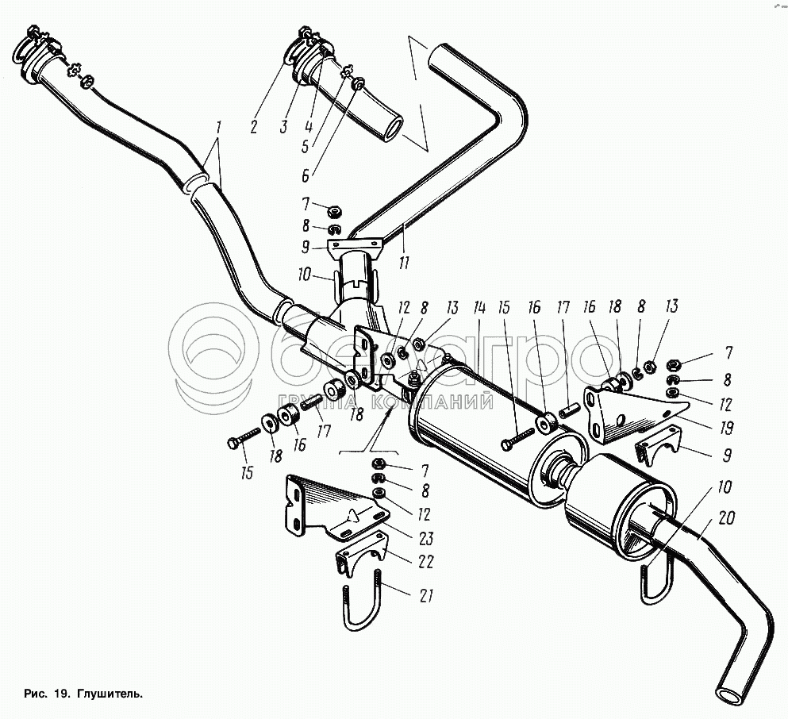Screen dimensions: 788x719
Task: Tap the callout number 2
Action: (x=253, y=125)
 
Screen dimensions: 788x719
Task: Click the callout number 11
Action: (x=405, y=262)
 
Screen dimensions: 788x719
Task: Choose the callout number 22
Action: (x=425, y=563)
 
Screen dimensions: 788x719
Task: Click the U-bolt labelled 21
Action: (x=362, y=603)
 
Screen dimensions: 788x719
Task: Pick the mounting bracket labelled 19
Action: (x=627, y=413)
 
